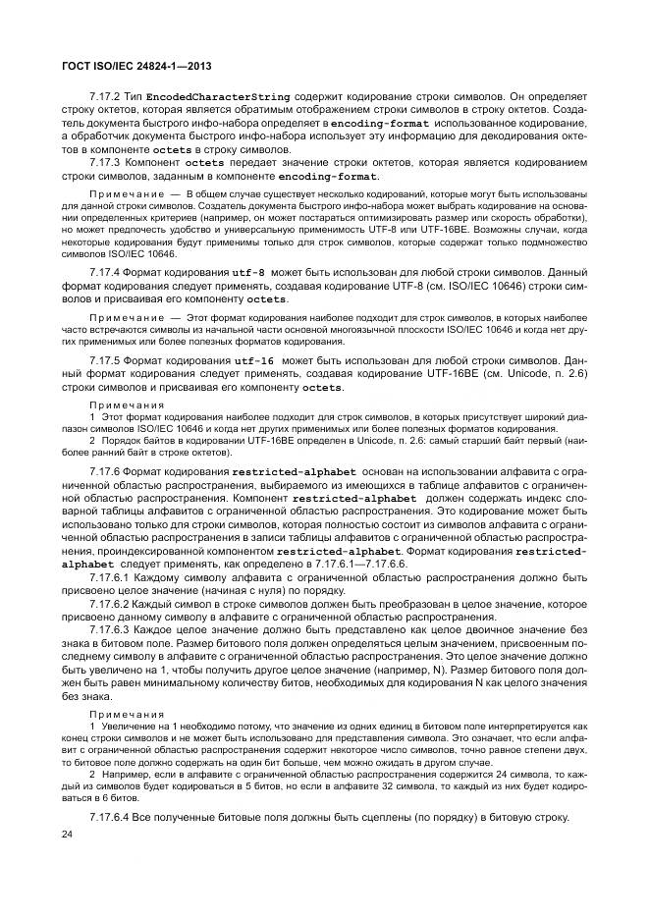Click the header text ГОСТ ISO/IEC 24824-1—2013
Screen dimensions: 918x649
click(x=136, y=66)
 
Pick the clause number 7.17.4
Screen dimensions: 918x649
click(x=104, y=271)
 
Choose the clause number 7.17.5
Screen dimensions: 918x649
click(x=104, y=361)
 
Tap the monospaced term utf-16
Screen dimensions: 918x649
click(x=252, y=361)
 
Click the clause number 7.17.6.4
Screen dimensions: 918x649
click(x=109, y=818)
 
